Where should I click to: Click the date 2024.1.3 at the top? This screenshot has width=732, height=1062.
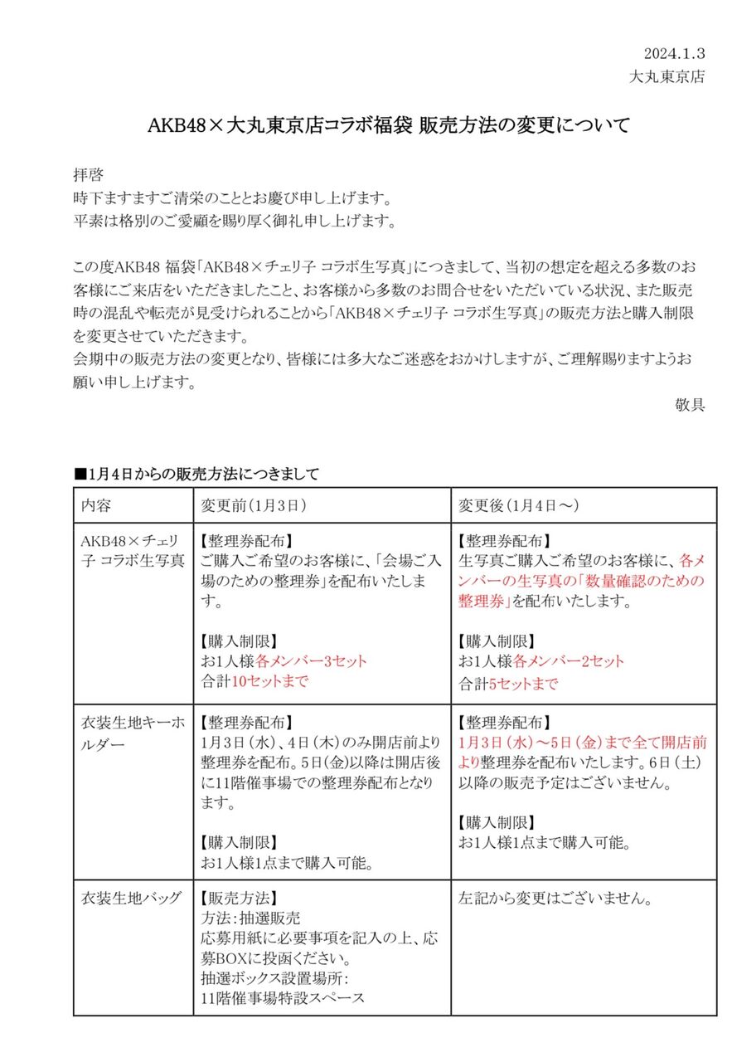(674, 54)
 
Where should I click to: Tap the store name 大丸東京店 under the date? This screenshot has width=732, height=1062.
(667, 76)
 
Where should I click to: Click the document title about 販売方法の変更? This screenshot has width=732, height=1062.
(389, 126)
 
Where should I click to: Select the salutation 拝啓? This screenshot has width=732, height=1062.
(90, 177)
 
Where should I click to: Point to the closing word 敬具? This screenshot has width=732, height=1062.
(691, 405)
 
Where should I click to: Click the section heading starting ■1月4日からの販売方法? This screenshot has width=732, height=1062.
(196, 474)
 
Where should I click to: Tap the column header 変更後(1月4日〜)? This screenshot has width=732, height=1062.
(519, 505)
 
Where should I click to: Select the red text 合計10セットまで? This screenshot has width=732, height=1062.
(255, 682)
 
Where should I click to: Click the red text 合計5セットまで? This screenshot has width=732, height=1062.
(508, 684)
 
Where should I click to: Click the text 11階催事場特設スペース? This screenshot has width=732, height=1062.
(283, 998)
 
